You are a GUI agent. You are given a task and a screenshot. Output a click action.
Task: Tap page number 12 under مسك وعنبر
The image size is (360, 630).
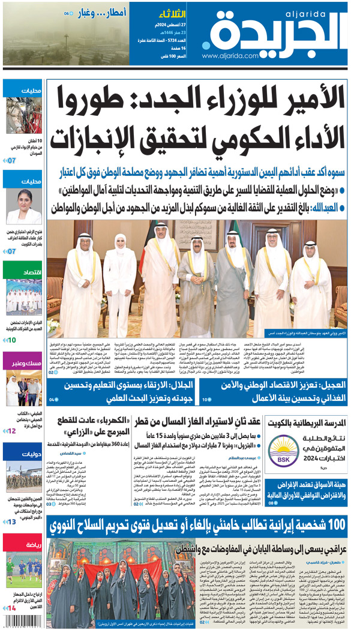point(12,431)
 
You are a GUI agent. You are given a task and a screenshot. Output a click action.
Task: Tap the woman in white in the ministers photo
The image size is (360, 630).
point(120,282)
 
